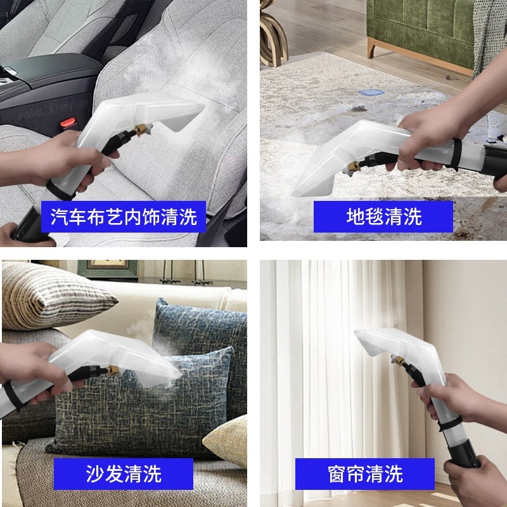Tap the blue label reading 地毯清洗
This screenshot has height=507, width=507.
pos(383,217)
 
